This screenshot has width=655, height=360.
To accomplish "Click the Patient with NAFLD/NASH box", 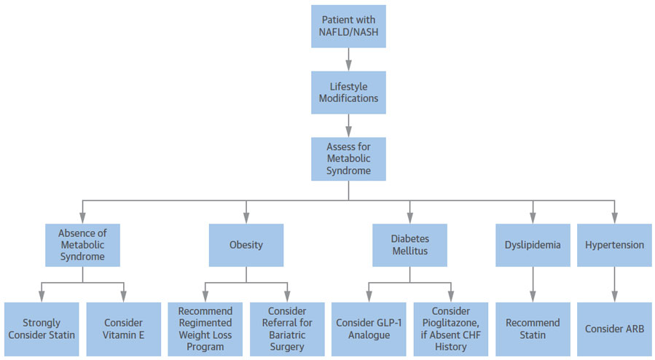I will pyautogui.click(x=348, y=27).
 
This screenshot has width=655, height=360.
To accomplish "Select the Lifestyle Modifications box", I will pyautogui.click(x=348, y=92).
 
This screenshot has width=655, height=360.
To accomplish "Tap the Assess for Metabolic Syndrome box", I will pyautogui.click(x=348, y=159).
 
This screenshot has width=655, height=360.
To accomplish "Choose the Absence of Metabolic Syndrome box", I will pyautogui.click(x=82, y=245).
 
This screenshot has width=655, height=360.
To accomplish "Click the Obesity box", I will pyautogui.click(x=246, y=245).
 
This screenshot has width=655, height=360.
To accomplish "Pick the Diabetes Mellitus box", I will pyautogui.click(x=409, y=245).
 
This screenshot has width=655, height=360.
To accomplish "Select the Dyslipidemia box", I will pyautogui.click(x=533, y=245).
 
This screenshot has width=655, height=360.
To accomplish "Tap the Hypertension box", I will pyautogui.click(x=614, y=245).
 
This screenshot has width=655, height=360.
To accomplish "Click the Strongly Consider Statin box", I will pyautogui.click(x=42, y=329).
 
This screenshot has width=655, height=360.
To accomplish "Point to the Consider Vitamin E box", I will pyautogui.click(x=123, y=329).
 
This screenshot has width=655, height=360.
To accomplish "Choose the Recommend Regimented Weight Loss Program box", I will pyautogui.click(x=205, y=329).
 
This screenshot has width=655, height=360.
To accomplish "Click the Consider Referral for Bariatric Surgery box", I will pyautogui.click(x=287, y=329).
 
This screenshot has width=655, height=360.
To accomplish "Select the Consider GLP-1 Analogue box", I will pyautogui.click(x=369, y=329).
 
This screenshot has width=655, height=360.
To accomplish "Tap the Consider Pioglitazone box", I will pyautogui.click(x=450, y=329).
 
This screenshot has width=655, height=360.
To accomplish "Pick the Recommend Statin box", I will pyautogui.click(x=533, y=329).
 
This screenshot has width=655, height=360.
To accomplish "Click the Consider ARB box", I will pyautogui.click(x=614, y=329).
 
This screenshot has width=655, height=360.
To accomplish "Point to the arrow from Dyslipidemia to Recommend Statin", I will pyautogui.click(x=533, y=284).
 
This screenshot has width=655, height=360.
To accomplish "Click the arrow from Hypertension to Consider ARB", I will pyautogui.click(x=614, y=284).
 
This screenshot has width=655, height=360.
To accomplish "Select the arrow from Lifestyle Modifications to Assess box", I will pyautogui.click(x=348, y=125).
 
